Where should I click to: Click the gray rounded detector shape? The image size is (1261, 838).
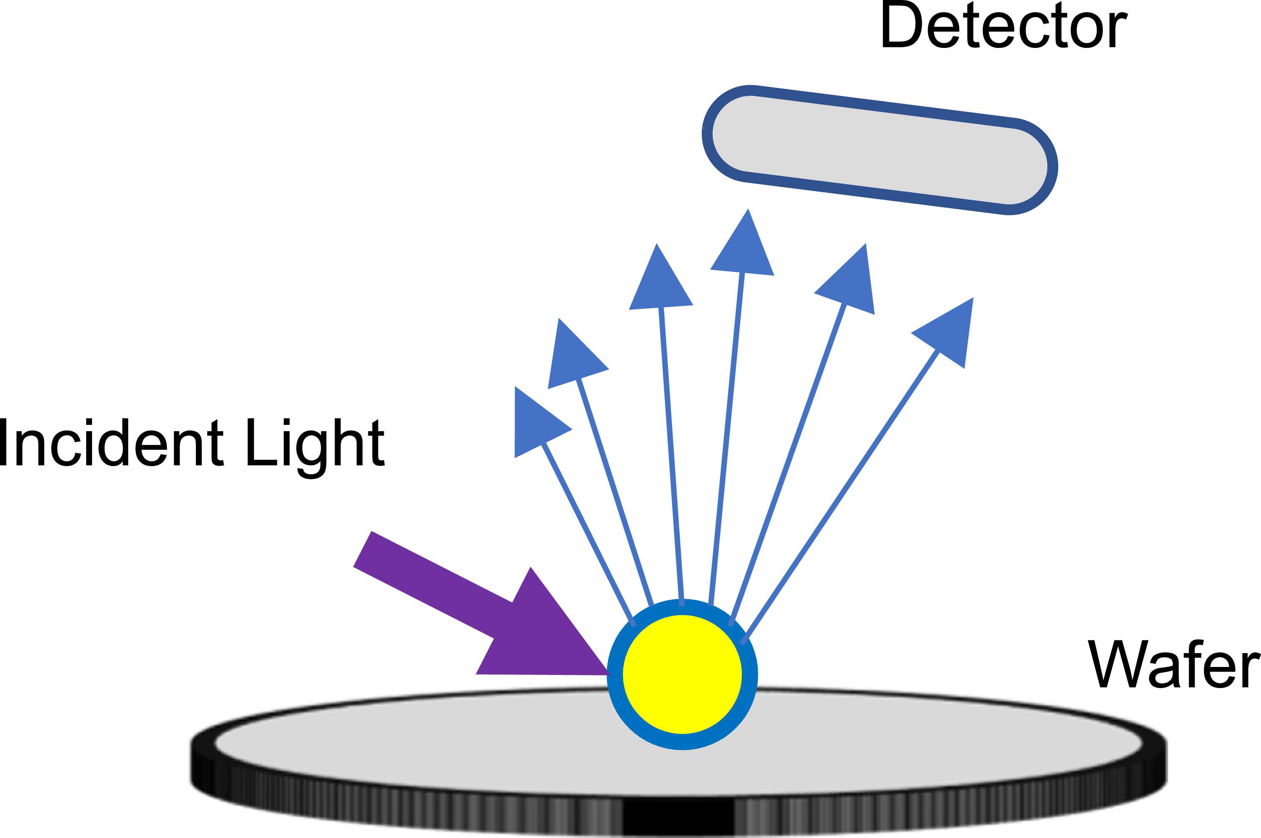pos(879,150)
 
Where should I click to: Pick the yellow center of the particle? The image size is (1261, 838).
pos(682,675)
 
